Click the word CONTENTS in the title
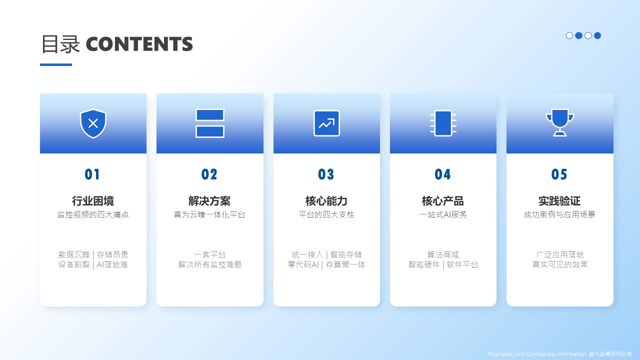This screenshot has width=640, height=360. pos(139,44)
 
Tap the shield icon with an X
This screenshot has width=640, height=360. pos(93,123)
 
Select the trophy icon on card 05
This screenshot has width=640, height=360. pos(559,123)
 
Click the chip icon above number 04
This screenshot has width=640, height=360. pos(443,123)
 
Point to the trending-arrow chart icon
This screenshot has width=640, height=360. pos(326,123)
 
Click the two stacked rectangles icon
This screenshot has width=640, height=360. pos(210,123)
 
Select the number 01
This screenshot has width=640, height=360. pos(92,174)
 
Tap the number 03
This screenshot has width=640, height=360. pos(326,174)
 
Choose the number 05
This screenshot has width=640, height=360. pos(559,174)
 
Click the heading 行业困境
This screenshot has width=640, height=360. pos(93,201)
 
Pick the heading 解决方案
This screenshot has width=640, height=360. pos(209,201)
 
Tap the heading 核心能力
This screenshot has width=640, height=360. pos(326,201)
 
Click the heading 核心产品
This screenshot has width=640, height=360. pos(443,201)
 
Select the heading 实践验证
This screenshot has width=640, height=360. pos(559,201)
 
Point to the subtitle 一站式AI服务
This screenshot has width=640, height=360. pos(443,214)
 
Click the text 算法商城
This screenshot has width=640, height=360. pos(443,254)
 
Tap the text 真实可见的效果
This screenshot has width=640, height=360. pos(559,264)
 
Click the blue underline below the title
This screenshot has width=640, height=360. pos(56,64)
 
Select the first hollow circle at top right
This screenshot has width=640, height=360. pos(569,35)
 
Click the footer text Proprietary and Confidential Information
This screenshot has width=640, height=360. pos(537,354)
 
